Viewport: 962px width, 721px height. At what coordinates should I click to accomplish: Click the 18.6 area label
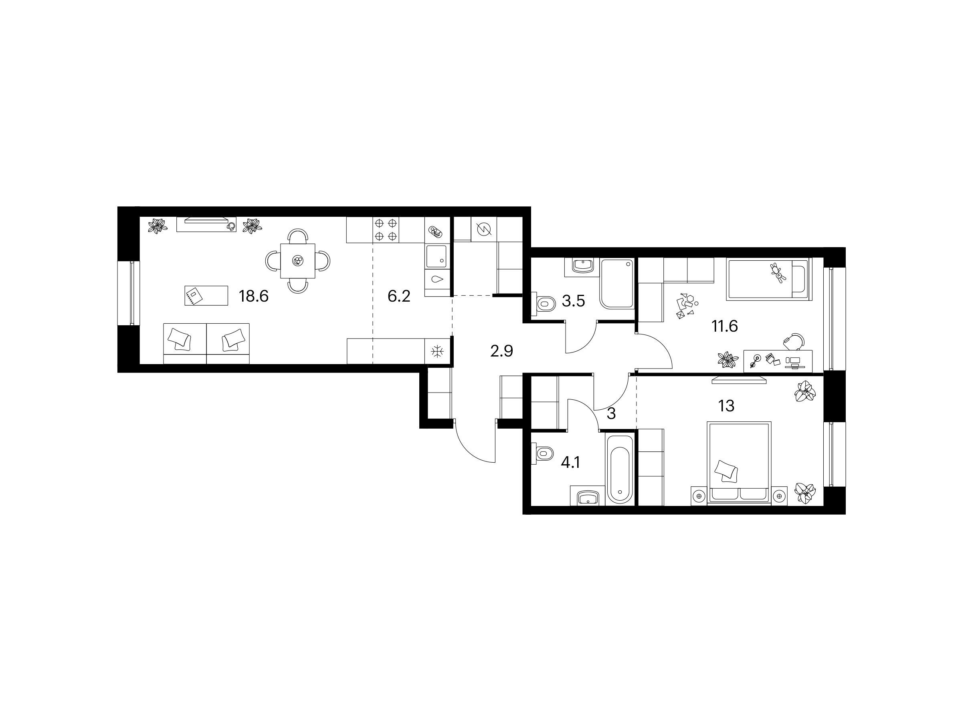coord(254,296)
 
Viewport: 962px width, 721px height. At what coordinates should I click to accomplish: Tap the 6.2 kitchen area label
coord(399,297)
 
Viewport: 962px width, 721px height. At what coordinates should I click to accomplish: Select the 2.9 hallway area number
coord(501,351)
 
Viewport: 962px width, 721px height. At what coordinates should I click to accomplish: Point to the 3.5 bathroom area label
coord(573,301)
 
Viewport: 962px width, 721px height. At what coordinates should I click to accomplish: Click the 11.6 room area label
coord(725,326)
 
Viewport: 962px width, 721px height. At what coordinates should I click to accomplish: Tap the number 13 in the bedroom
coord(726,406)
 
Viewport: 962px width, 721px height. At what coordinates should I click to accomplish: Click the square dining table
coord(298,261)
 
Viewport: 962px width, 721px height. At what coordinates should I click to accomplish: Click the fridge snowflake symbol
coord(437,352)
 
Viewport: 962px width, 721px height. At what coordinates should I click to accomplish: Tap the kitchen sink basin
coord(436,256)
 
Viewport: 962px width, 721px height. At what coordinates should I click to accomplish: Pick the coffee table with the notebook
coord(206,296)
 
